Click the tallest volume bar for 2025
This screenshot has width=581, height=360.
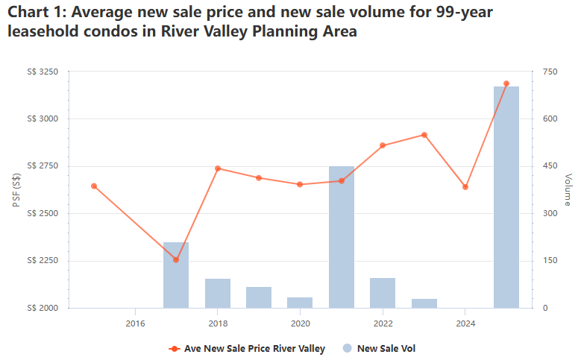click(x=506, y=198)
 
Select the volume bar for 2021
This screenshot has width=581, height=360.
click(x=342, y=237)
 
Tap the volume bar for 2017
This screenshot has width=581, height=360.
click(x=176, y=275)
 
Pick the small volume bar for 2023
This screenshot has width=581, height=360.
click(x=424, y=303)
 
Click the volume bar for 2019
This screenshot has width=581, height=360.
click(x=259, y=297)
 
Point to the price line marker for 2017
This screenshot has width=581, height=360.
click(x=176, y=259)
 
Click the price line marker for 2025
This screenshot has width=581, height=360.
click(x=506, y=83)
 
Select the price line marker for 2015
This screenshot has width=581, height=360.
click(x=94, y=186)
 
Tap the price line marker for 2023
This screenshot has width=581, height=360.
click(x=424, y=135)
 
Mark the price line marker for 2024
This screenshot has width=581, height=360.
click(x=465, y=187)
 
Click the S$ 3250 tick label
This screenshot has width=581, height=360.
click(x=42, y=72)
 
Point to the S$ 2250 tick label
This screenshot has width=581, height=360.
click(x=42, y=261)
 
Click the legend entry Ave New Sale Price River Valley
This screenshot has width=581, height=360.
click(x=248, y=348)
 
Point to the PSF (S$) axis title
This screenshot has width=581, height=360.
click(x=16, y=190)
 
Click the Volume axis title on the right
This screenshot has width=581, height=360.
click(x=568, y=190)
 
